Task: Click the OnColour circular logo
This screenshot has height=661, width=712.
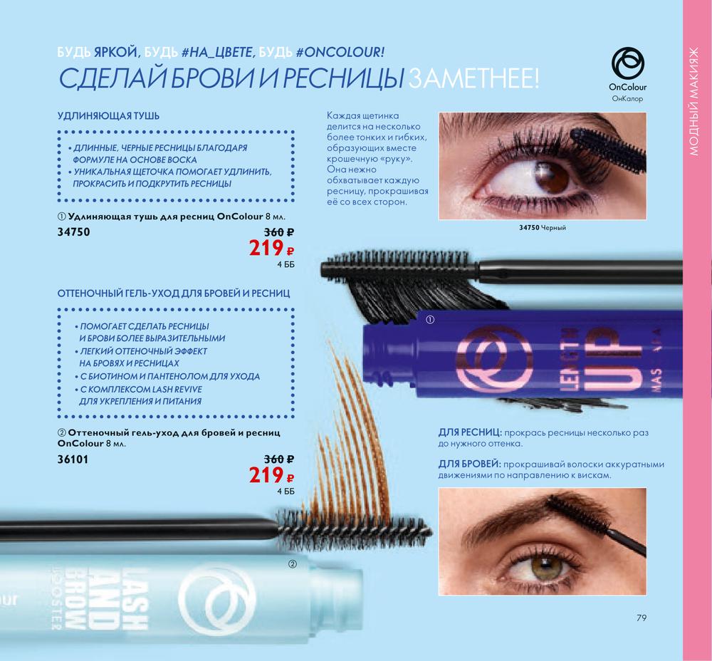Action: (x=627, y=63)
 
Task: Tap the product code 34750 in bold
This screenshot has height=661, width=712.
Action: (x=73, y=232)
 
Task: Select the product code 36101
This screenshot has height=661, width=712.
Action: (x=73, y=459)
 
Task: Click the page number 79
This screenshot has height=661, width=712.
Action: (x=642, y=618)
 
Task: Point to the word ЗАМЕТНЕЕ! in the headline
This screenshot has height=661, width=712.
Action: (x=473, y=78)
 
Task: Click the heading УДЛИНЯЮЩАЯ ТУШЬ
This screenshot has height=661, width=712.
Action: (x=108, y=116)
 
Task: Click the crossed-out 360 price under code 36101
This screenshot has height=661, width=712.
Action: (x=279, y=459)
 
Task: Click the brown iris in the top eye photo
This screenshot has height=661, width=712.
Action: (x=551, y=177)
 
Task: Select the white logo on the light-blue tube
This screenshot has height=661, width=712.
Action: (x=217, y=600)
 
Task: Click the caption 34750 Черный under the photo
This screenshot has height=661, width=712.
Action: (x=542, y=228)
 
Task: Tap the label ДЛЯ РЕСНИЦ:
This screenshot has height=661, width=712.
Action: (x=469, y=432)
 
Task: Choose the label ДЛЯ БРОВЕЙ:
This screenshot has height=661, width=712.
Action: (x=469, y=464)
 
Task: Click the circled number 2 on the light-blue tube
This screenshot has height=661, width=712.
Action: (x=293, y=564)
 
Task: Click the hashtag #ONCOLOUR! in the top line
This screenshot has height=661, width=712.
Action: (x=340, y=52)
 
